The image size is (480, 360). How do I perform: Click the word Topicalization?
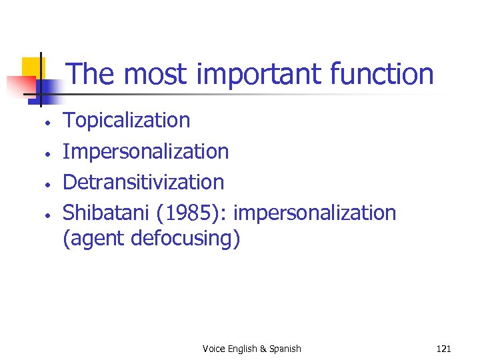click(126, 121)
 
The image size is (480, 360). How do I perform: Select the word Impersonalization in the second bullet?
click(145, 151)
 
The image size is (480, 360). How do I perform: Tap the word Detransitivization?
click(143, 182)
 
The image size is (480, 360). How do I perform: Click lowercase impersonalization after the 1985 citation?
click(315, 213)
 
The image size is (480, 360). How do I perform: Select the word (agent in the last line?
click(93, 238)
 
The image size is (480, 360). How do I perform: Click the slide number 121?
click(443, 349)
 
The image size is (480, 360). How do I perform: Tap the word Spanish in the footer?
click(284, 349)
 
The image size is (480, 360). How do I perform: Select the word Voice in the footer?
click(214, 349)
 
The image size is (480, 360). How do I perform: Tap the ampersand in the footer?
click(263, 349)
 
